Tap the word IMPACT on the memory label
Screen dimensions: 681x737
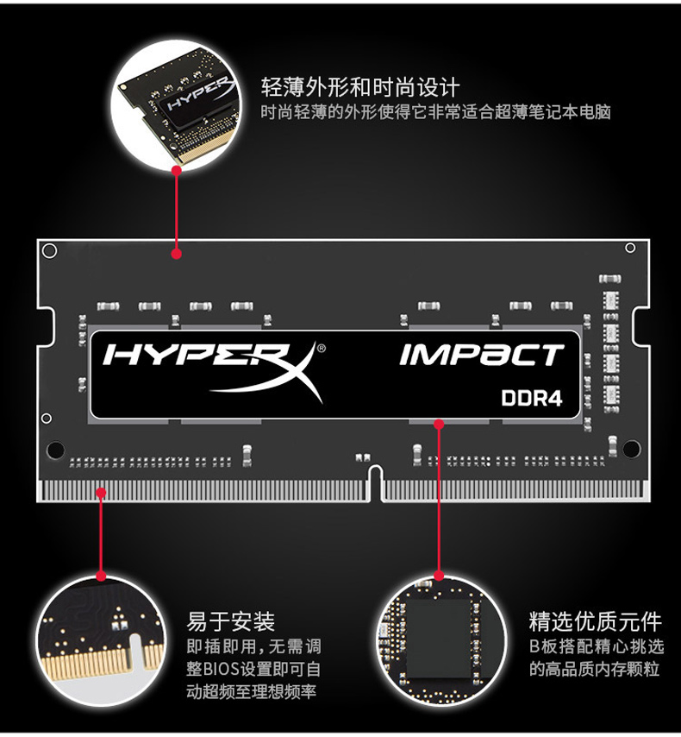pyautogui.click(x=481, y=356)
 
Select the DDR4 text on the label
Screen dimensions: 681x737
pyautogui.click(x=531, y=398)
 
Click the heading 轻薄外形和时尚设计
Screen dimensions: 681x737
pyautogui.click(x=360, y=87)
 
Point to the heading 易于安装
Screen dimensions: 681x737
pyautogui.click(x=231, y=621)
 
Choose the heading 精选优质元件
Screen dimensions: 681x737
pyautogui.click(x=595, y=621)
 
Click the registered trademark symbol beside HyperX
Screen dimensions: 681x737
pyautogui.click(x=322, y=349)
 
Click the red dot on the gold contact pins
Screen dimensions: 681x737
pyautogui.click(x=101, y=493)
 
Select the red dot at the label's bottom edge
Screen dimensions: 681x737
pyautogui.click(x=439, y=425)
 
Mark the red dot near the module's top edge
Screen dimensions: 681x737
pyautogui.click(x=177, y=254)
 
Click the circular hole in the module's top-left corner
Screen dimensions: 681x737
pyautogui.click(x=49, y=251)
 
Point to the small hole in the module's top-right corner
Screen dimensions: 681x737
pyautogui.click(x=630, y=248)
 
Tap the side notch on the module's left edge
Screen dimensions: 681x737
pyautogui.click(x=46, y=327)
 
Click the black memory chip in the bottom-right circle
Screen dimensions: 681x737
pyautogui.click(x=440, y=639)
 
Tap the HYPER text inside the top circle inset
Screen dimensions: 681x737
pyautogui.click(x=198, y=94)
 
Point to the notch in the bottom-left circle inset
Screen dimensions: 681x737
pyautogui.click(x=135, y=650)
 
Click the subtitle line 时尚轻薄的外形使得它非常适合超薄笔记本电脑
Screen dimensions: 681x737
pyautogui.click(x=435, y=112)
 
